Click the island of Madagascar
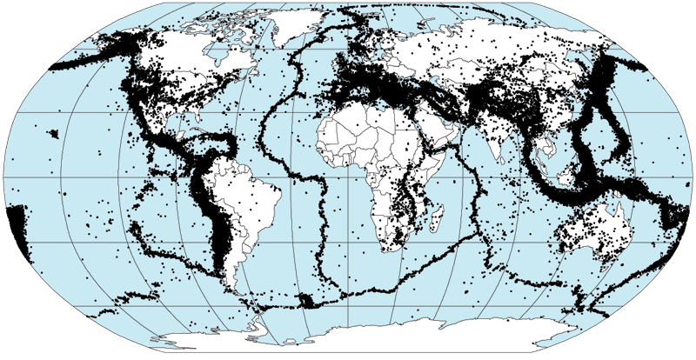coord(432,216)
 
